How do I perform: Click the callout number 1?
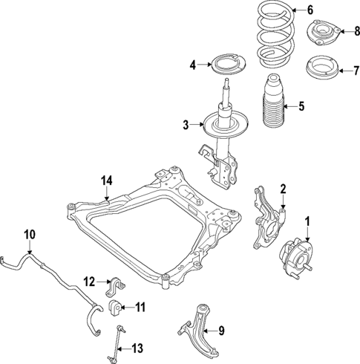pos(309,221)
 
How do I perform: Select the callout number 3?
pos(186,125)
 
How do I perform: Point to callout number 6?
pos(311,10)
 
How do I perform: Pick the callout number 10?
pos(28,235)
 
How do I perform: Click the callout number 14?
pos(106,179)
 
